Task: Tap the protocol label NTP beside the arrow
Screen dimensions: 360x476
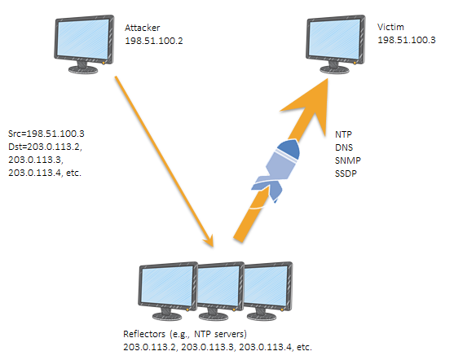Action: tap(343, 133)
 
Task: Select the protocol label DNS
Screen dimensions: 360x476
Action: tap(343, 147)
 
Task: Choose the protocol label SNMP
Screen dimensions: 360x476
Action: tap(346, 160)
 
